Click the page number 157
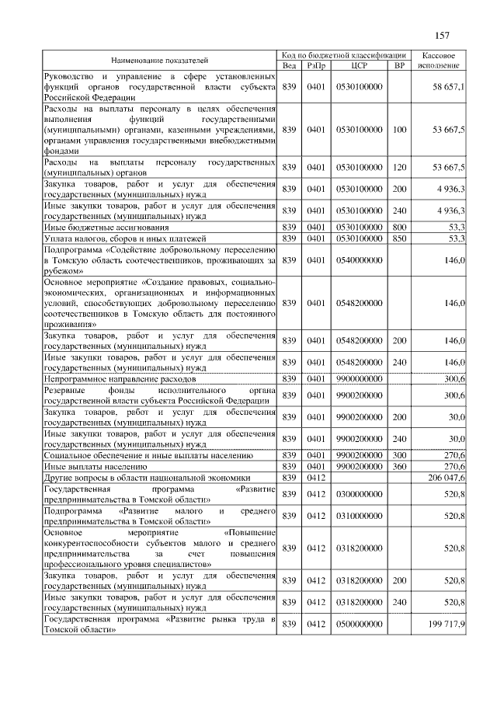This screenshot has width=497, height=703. [442, 36]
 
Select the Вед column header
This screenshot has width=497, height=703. [289, 66]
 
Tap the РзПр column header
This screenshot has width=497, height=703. [315, 66]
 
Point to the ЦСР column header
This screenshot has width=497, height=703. [359, 66]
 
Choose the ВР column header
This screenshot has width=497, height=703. [400, 66]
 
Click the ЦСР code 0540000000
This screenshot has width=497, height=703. [359, 261]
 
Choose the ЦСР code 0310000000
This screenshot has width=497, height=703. [359, 516]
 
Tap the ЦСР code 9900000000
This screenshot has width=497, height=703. [359, 378]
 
